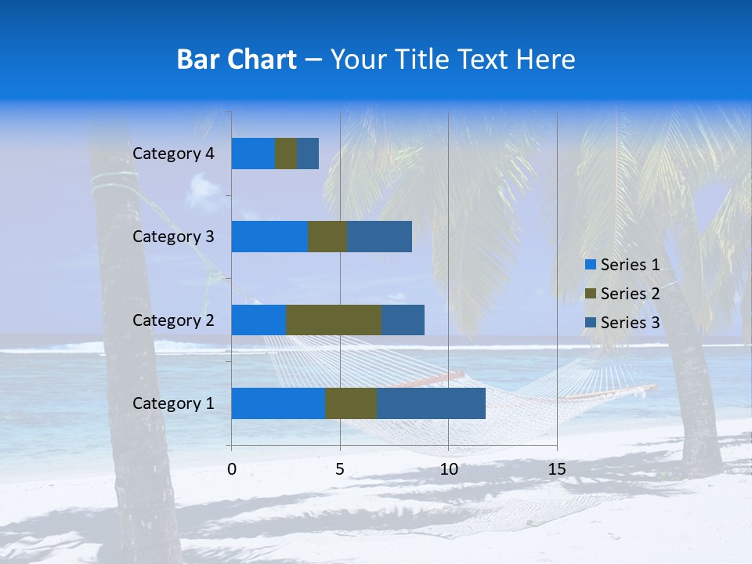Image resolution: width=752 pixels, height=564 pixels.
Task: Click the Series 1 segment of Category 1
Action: point(278,403)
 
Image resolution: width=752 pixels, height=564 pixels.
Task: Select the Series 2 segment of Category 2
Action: point(334,320)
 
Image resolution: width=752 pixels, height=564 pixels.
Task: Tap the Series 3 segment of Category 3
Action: point(379,237)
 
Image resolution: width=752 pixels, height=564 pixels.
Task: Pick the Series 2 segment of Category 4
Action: point(286,154)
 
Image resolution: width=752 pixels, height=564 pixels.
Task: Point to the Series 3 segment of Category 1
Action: point(431,403)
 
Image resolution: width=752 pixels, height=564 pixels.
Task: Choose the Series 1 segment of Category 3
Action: point(269,237)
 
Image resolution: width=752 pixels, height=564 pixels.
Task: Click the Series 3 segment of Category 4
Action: point(308,154)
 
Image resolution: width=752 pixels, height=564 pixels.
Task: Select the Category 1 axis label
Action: point(173,403)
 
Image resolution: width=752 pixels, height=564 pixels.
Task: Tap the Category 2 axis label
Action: point(173,320)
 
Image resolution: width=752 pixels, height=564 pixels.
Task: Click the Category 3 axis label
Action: point(173,237)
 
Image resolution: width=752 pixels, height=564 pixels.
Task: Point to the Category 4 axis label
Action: point(173,154)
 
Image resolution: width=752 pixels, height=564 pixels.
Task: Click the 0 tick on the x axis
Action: point(232,469)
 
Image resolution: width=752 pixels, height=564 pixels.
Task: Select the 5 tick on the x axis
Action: point(340,469)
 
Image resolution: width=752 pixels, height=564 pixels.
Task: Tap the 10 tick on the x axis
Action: point(448,469)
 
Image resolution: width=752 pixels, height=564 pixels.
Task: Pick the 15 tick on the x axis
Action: point(557,469)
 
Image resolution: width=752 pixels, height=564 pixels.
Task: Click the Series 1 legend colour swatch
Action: point(590,265)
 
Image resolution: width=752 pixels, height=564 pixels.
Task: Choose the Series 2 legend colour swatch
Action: point(590,294)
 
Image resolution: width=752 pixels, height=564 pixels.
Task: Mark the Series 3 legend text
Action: point(630,323)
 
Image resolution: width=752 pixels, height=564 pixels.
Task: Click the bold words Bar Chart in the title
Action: point(237,60)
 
